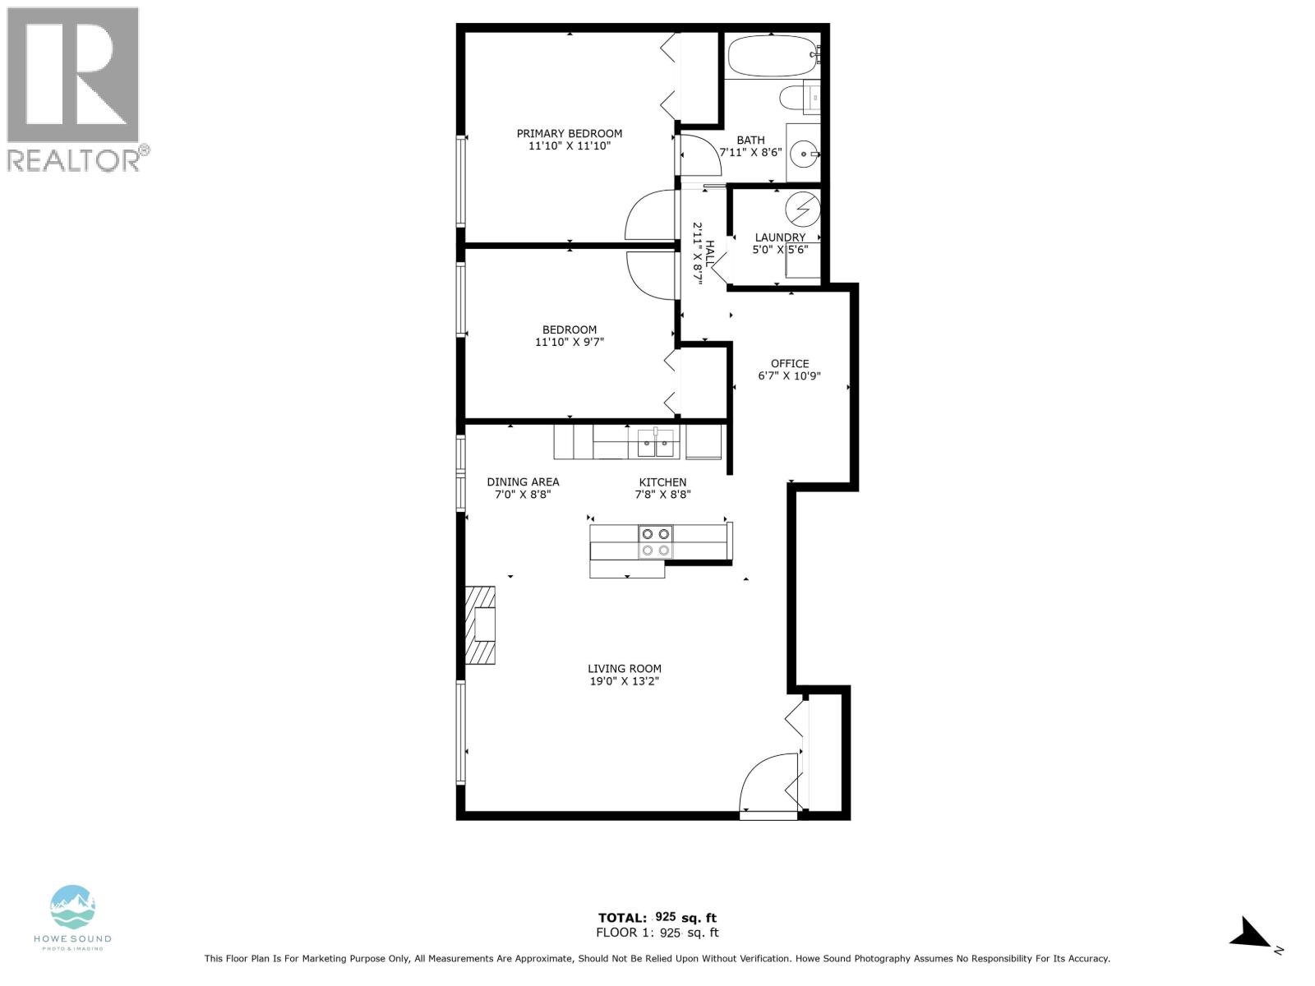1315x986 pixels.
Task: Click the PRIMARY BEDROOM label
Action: pyautogui.click(x=569, y=133)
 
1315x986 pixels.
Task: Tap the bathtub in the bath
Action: pyautogui.click(x=771, y=55)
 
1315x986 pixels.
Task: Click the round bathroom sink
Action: pyautogui.click(x=803, y=153)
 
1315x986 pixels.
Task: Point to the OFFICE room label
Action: pyautogui.click(x=789, y=363)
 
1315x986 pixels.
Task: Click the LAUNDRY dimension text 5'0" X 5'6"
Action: pyautogui.click(x=780, y=250)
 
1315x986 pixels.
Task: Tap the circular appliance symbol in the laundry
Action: pyautogui.click(x=802, y=208)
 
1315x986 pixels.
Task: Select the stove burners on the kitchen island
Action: pyautogui.click(x=655, y=542)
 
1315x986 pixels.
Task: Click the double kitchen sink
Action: pyautogui.click(x=656, y=447)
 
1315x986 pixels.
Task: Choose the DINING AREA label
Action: pyautogui.click(x=523, y=482)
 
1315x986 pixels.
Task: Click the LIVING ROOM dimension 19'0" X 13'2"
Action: pyautogui.click(x=624, y=681)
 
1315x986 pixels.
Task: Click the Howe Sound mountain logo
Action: pyautogui.click(x=73, y=907)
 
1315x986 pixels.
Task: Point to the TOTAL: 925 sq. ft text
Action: pyautogui.click(x=657, y=918)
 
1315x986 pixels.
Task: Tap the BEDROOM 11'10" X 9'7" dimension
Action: pyautogui.click(x=569, y=342)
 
